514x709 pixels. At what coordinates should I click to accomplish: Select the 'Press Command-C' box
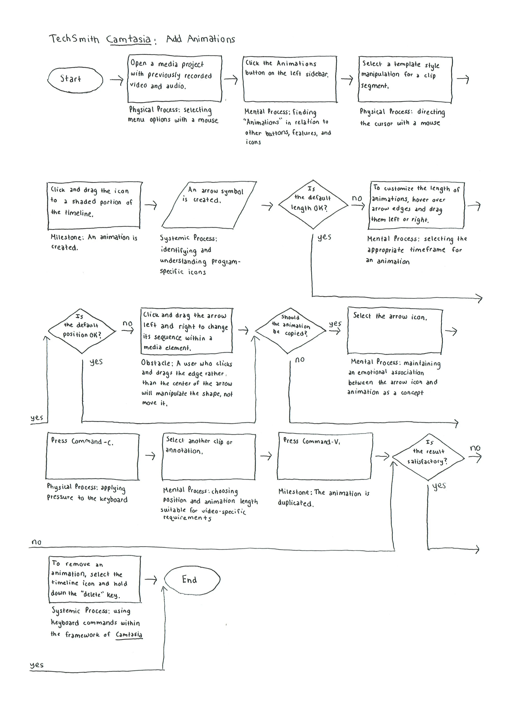coord(93,456)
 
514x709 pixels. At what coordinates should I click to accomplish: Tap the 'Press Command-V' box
coord(325,456)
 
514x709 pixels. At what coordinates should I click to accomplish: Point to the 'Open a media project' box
coord(175,79)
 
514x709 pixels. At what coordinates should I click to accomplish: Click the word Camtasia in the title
coord(128,40)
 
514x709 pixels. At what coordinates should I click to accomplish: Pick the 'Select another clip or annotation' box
coord(209,456)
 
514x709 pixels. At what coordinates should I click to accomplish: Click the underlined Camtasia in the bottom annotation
coord(129,635)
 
